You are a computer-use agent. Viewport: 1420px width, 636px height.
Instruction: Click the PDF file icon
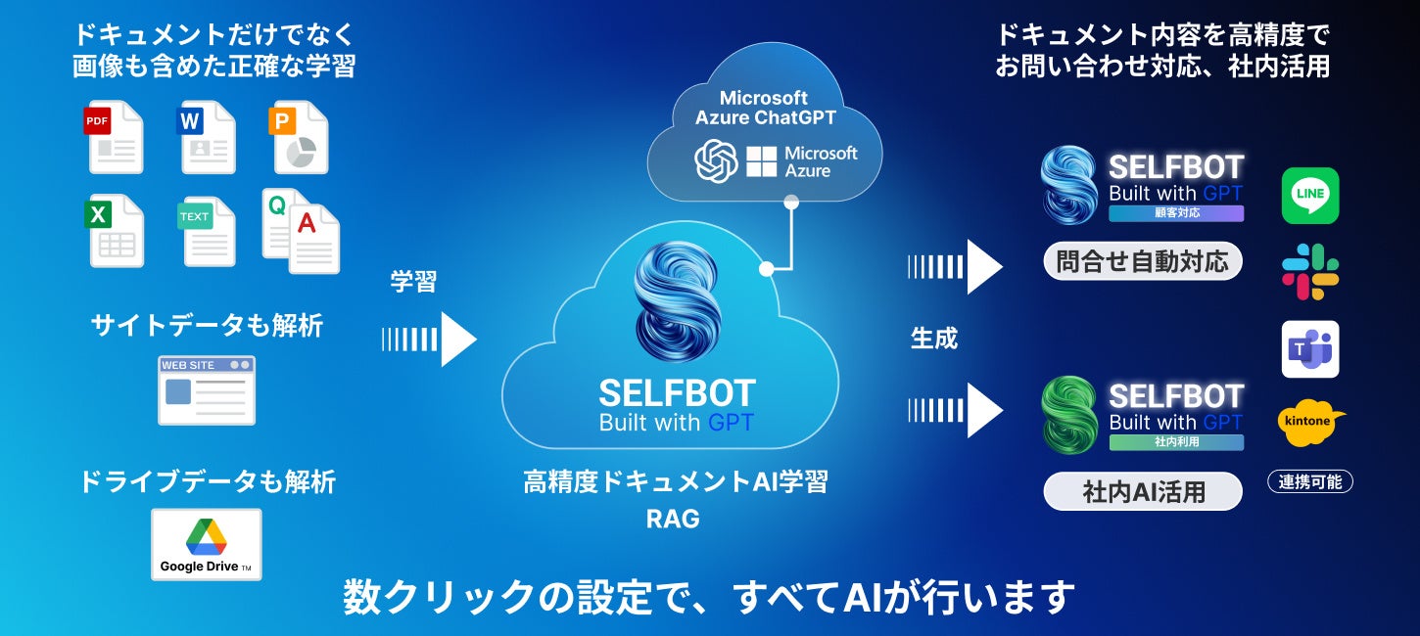click(x=114, y=137)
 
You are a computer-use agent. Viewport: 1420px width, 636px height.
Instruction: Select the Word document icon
click(x=206, y=137)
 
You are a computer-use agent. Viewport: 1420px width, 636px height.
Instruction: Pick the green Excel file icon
click(x=114, y=231)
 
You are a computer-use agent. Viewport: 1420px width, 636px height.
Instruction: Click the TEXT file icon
click(x=206, y=231)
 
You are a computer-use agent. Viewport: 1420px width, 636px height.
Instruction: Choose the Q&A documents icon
click(x=301, y=231)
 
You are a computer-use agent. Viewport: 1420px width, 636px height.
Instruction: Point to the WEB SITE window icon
click(x=207, y=389)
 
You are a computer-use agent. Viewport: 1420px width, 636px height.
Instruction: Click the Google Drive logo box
click(x=207, y=544)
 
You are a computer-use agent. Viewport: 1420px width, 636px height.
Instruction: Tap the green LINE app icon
click(x=1309, y=196)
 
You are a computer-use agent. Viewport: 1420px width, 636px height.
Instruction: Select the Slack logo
click(x=1309, y=271)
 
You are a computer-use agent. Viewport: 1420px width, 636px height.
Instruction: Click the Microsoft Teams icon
click(x=1309, y=349)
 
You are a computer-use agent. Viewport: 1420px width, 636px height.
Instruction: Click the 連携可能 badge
click(x=1310, y=481)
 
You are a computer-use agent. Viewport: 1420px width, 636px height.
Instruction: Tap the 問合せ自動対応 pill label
click(x=1142, y=262)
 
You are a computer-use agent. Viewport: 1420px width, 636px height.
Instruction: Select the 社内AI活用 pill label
click(x=1143, y=491)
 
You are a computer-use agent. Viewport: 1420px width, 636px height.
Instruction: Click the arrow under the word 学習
click(x=429, y=340)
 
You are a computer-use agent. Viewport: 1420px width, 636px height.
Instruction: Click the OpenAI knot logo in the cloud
click(x=716, y=161)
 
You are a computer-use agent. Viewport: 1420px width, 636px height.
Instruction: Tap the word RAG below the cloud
click(x=673, y=520)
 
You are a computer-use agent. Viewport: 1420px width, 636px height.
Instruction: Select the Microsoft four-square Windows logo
click(x=761, y=161)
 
